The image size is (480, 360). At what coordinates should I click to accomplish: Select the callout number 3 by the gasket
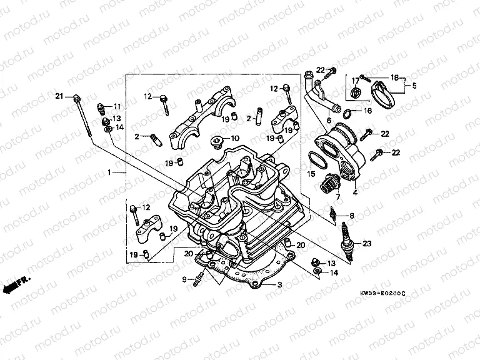(280, 285)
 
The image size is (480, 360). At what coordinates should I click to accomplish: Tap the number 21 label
(59, 96)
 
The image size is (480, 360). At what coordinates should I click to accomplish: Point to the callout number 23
(366, 243)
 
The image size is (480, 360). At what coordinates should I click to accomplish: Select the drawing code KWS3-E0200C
(382, 293)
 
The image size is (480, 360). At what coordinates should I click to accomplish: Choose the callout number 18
(394, 77)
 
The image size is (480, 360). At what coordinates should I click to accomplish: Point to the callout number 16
(367, 111)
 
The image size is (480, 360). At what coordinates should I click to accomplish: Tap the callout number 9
(184, 279)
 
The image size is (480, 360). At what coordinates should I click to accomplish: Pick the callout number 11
(117, 106)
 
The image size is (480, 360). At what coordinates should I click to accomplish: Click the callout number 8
(351, 216)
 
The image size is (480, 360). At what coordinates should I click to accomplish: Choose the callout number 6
(329, 121)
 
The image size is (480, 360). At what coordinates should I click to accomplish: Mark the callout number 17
(354, 80)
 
